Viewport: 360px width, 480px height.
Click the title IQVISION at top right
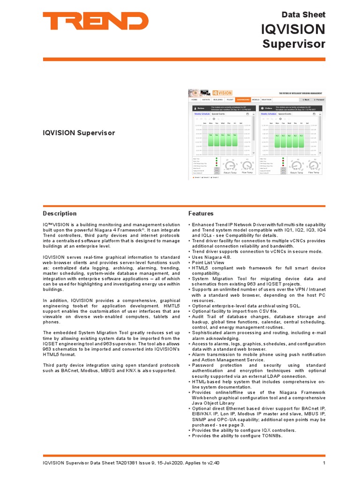(x=292, y=30)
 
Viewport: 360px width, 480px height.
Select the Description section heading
(x=60, y=213)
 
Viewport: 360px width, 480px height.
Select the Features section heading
(x=201, y=213)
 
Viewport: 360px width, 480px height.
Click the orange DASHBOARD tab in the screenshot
(x=243, y=100)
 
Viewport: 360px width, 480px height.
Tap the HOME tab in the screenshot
(x=194, y=100)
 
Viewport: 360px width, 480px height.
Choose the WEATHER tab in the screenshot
(x=266, y=100)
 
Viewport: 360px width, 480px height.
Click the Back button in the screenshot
(x=305, y=100)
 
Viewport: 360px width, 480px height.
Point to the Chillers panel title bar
(x=288, y=108)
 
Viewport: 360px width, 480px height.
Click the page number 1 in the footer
(x=324, y=463)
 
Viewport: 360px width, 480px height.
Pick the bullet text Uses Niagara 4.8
(x=212, y=257)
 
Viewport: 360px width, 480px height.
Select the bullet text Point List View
(x=208, y=262)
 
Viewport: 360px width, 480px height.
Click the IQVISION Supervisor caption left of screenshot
(x=79, y=133)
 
